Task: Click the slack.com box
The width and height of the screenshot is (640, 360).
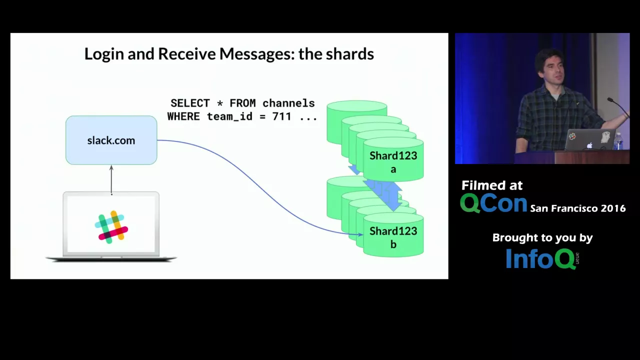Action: point(111,140)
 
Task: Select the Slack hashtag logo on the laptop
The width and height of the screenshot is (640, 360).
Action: point(111,227)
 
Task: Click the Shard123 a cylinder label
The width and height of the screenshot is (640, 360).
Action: point(393,161)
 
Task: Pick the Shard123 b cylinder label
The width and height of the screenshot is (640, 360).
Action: point(393,237)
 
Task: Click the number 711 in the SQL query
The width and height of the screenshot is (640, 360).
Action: point(281,116)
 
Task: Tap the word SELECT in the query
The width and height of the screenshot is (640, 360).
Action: point(189,103)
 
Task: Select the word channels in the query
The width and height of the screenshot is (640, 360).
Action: point(288,103)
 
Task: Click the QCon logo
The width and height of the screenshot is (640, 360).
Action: point(493,203)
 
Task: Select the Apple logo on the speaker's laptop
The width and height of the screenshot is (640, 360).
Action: point(589,145)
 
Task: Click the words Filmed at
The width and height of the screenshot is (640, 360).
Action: point(492,185)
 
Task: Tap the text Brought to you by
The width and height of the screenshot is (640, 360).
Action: point(542,238)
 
